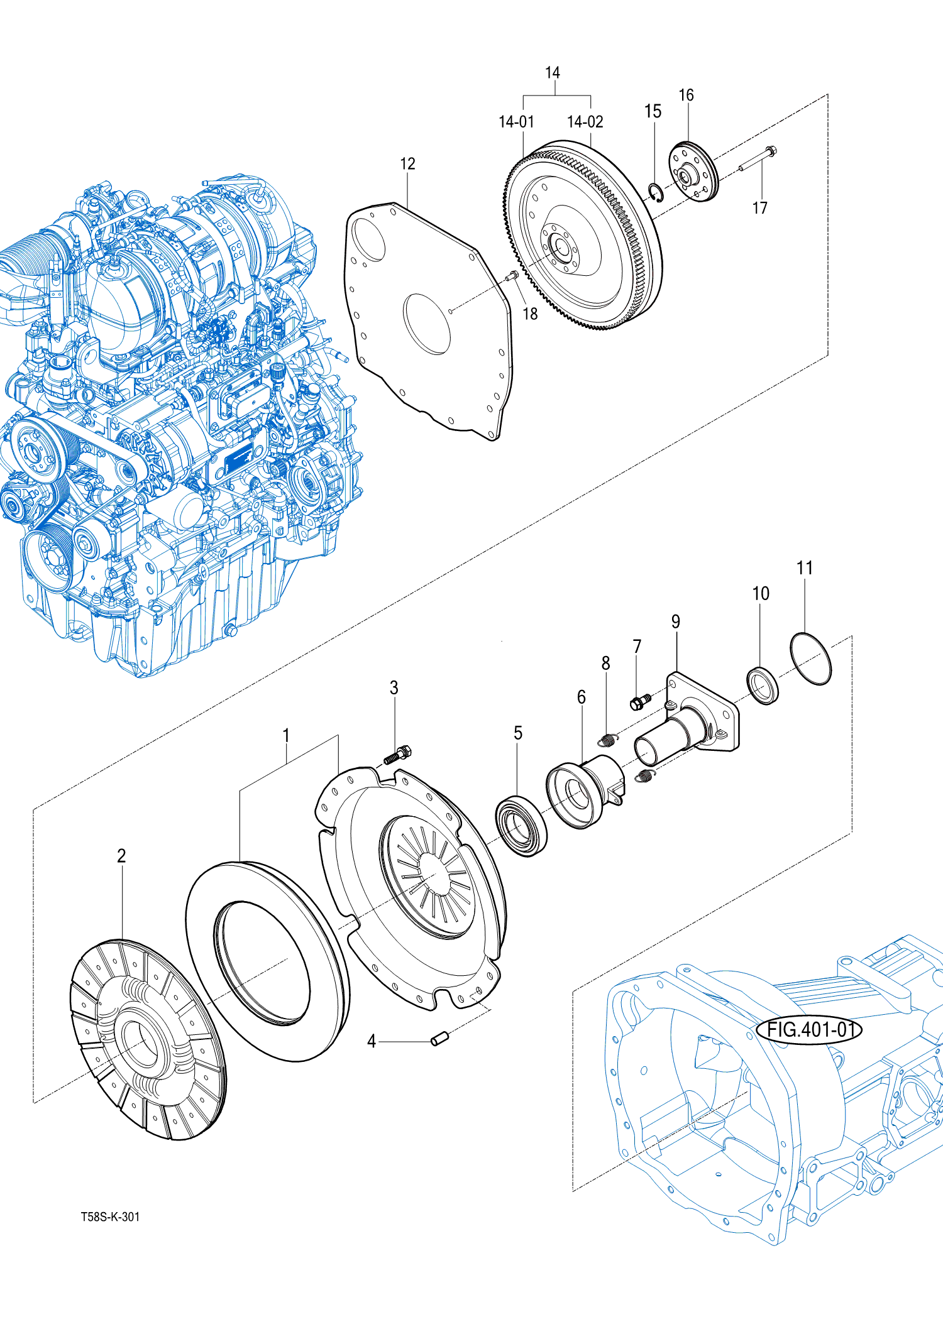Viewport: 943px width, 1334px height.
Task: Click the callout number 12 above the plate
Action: pyautogui.click(x=407, y=164)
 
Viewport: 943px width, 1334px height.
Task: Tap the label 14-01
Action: pyautogui.click(x=516, y=122)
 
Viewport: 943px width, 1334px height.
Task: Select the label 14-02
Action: pyautogui.click(x=585, y=122)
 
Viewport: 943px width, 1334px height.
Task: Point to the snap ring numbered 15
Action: pyautogui.click(x=656, y=193)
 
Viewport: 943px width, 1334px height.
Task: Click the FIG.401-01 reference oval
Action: pyautogui.click(x=808, y=1030)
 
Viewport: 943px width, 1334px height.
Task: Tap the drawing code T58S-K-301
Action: pyautogui.click(x=110, y=1216)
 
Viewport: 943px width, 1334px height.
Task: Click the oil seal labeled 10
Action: pyautogui.click(x=763, y=687)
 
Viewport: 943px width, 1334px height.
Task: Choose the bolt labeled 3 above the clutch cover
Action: pyautogui.click(x=398, y=754)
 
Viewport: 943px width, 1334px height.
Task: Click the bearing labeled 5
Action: pyautogui.click(x=521, y=825)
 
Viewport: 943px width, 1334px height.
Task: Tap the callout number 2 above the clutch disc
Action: pyautogui.click(x=121, y=855)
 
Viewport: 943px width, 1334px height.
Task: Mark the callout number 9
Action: pyautogui.click(x=675, y=621)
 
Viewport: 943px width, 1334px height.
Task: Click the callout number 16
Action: pyautogui.click(x=686, y=96)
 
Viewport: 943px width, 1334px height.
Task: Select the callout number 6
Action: pyautogui.click(x=581, y=697)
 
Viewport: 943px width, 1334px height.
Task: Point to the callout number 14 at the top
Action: pyautogui.click(x=552, y=73)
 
